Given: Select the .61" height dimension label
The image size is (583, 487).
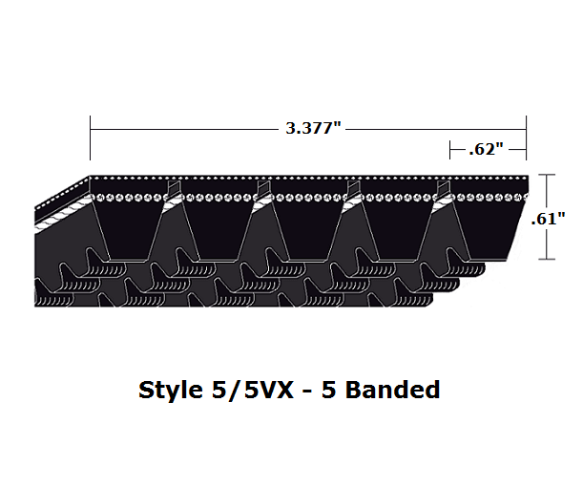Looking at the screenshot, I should [x=551, y=218].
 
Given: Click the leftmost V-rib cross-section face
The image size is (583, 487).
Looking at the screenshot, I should [x=129, y=229].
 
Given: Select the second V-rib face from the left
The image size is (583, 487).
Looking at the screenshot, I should [x=219, y=229].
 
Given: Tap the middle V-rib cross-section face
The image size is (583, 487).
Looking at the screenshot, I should [x=307, y=229].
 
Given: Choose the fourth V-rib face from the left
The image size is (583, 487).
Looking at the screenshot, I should [x=395, y=229].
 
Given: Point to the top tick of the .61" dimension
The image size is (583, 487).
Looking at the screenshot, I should [x=546, y=176].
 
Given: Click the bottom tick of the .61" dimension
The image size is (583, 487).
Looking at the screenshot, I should [x=546, y=259].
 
